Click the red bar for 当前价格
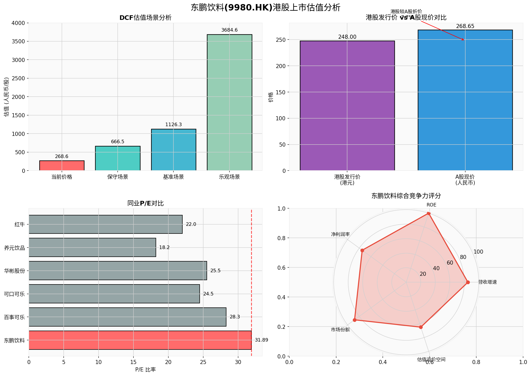click(62, 165)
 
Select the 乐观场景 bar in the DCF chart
click(229, 102)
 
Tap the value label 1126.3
click(173, 125)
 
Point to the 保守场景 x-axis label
click(117, 177)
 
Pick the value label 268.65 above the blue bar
click(465, 26)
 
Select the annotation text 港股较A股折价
click(406, 11)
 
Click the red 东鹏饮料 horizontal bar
click(140, 340)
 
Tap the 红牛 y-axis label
click(20, 225)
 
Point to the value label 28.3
click(235, 317)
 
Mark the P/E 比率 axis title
click(145, 370)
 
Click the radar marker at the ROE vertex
click(429, 214)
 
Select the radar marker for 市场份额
click(355, 320)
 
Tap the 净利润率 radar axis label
click(340, 234)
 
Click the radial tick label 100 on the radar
click(478, 252)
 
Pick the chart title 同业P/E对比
click(145, 203)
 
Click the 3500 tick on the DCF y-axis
click(18, 42)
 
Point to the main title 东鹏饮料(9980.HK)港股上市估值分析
click(265, 7)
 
